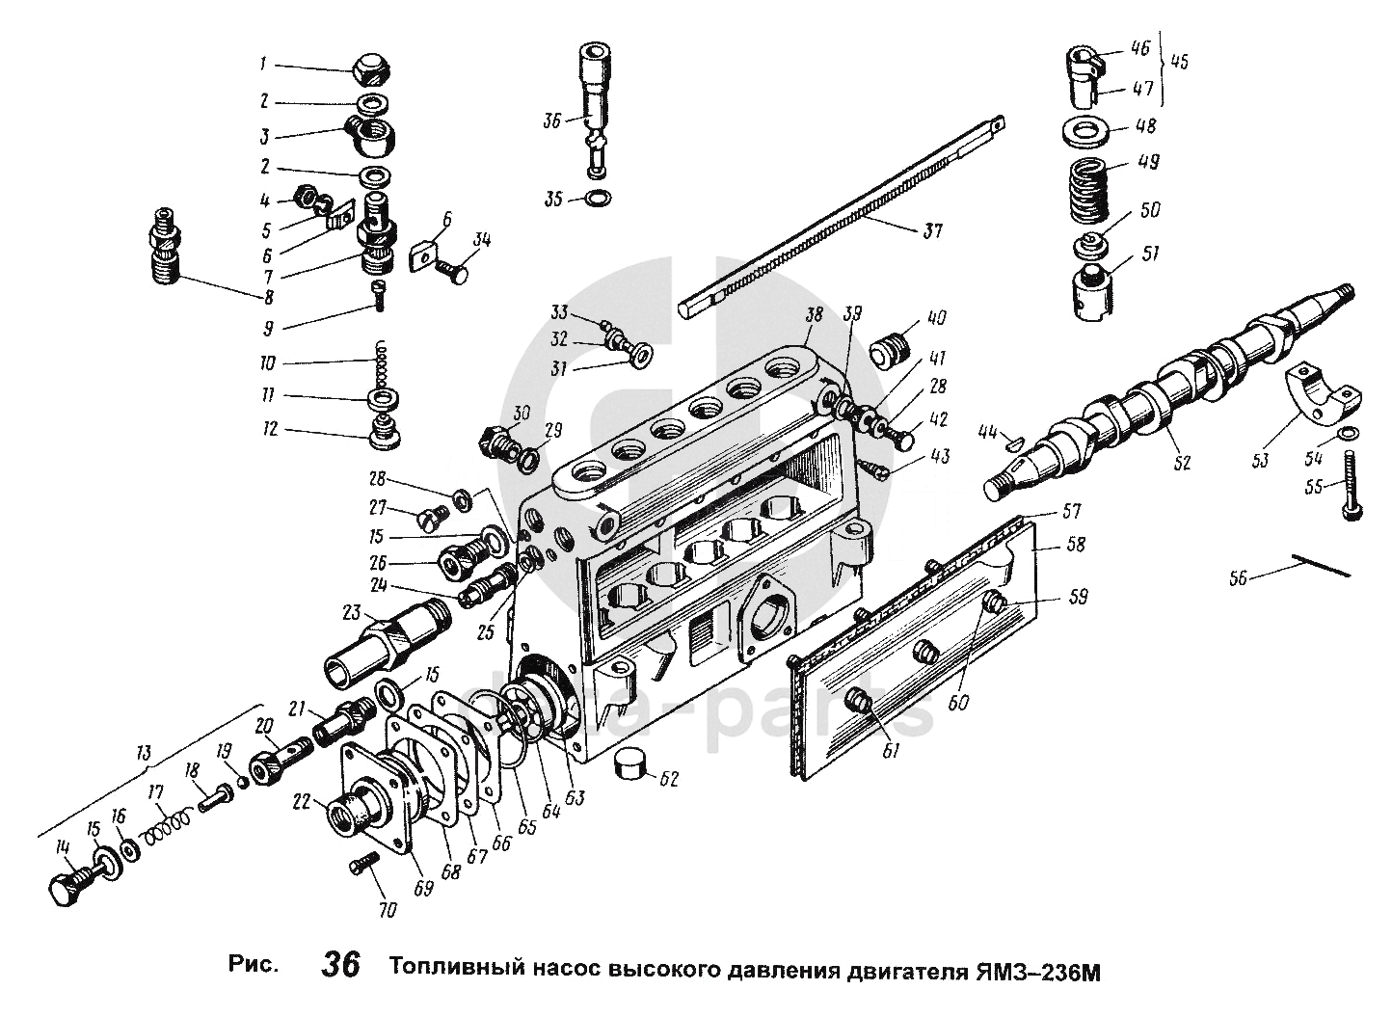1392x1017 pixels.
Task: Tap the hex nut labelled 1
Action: click(x=369, y=68)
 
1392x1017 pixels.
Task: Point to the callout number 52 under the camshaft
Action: click(x=1181, y=463)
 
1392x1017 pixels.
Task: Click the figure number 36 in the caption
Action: click(x=341, y=965)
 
